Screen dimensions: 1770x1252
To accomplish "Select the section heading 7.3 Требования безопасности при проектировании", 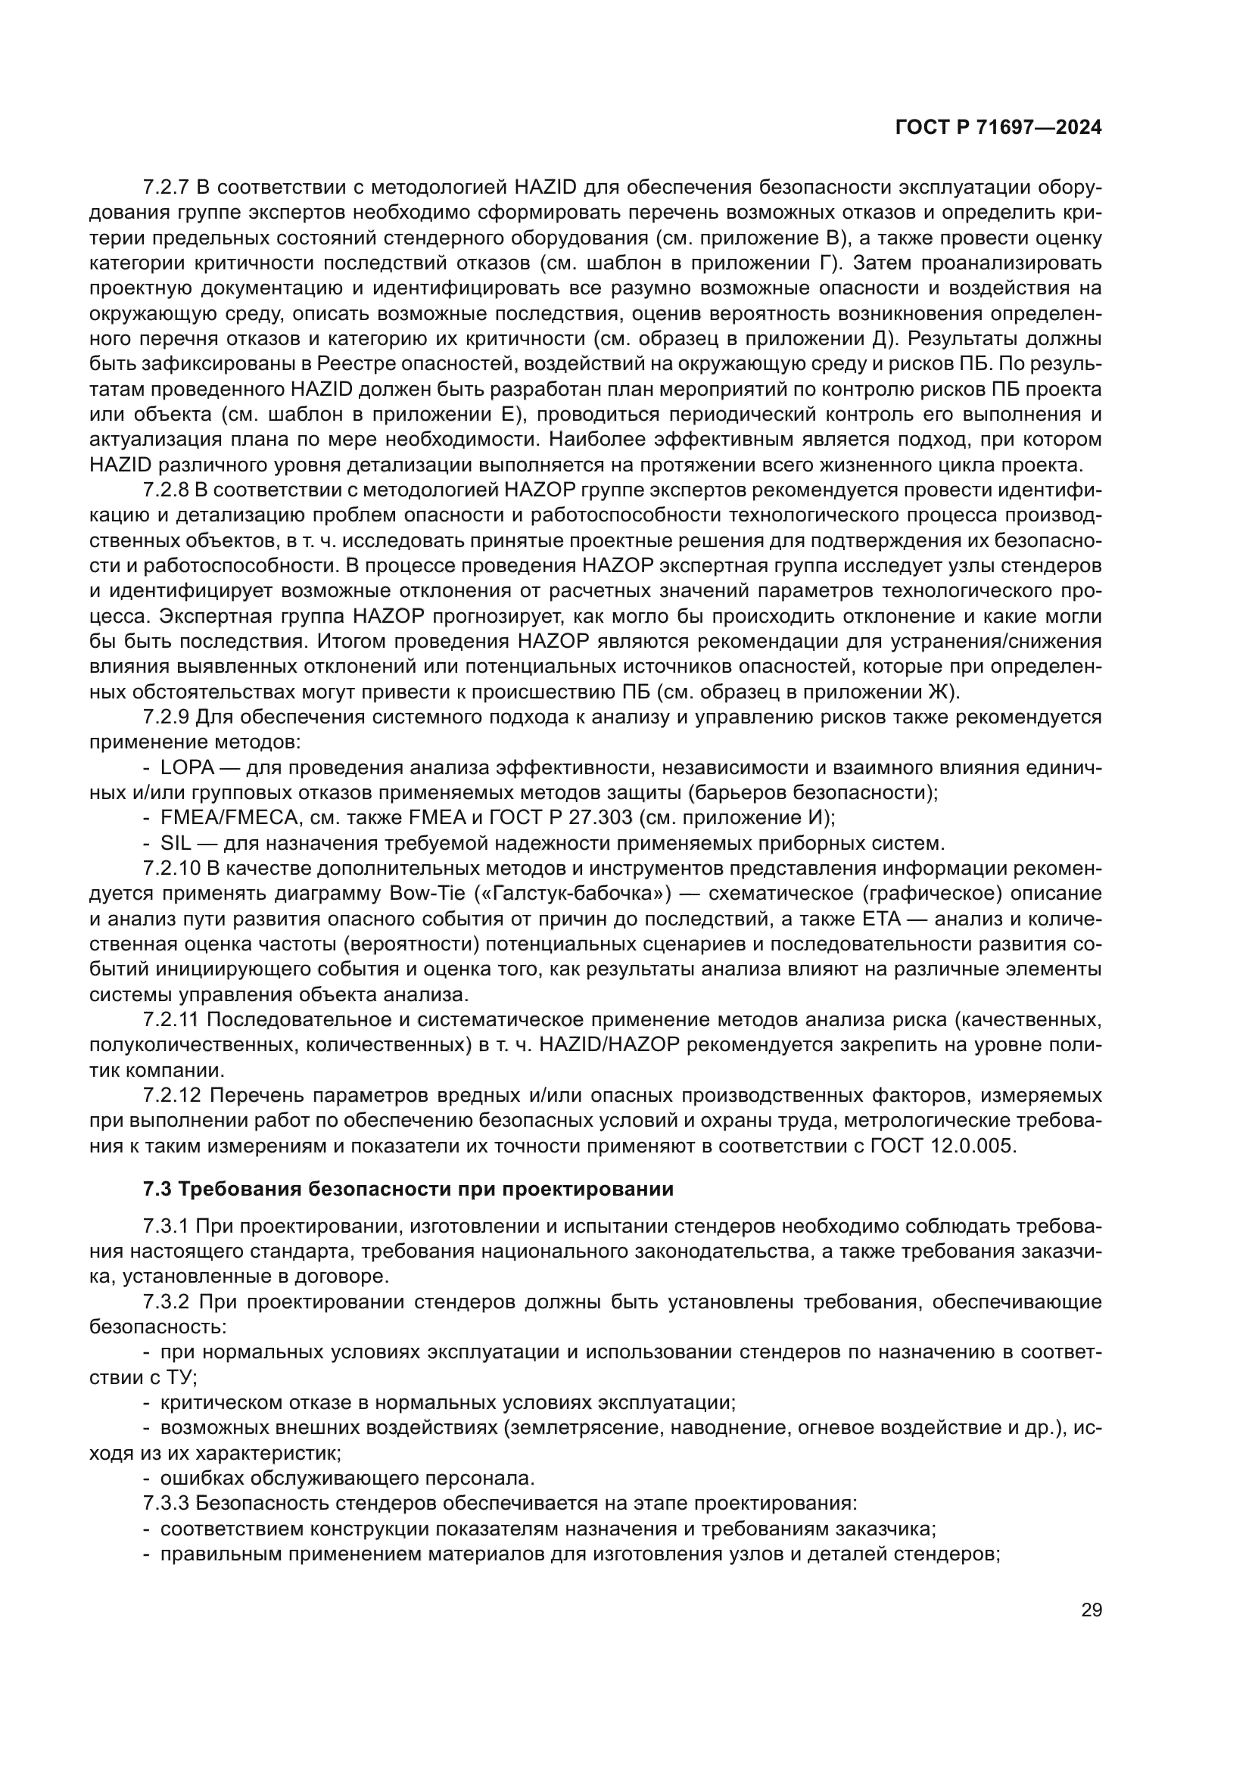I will click(409, 1190).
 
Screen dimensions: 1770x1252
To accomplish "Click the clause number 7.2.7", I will click(167, 188).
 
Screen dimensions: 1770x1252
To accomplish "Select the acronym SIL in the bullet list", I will click(175, 843).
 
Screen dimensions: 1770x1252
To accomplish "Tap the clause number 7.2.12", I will click(172, 1096).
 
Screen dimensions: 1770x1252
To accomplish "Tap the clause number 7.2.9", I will click(167, 717).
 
